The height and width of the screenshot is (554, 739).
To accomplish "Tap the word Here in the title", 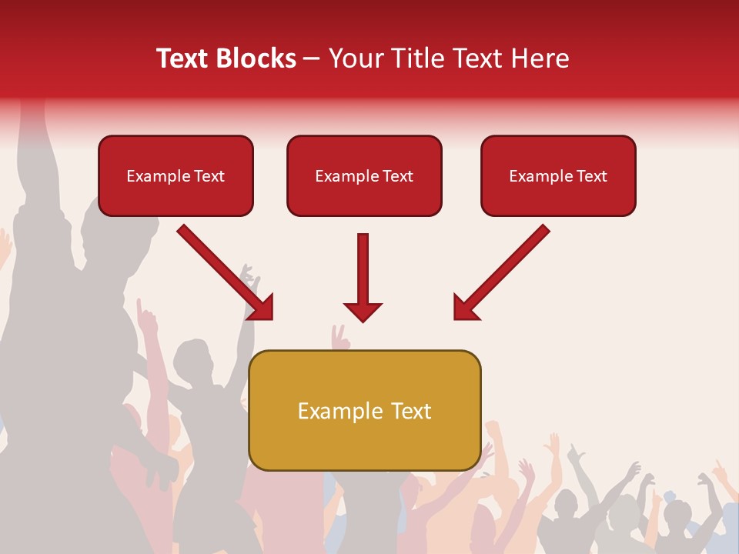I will [x=538, y=58].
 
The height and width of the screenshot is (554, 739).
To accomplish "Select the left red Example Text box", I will [x=176, y=176].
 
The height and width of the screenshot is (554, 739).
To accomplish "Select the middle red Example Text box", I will [x=364, y=176].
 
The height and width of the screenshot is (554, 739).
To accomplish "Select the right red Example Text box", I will [x=558, y=176].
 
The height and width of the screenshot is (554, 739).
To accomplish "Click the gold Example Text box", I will [x=364, y=411].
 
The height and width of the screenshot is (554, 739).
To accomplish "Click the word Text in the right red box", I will [x=591, y=176].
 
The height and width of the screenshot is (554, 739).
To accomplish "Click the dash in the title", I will [x=312, y=58].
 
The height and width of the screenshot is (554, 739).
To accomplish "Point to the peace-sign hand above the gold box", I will [x=339, y=335].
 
